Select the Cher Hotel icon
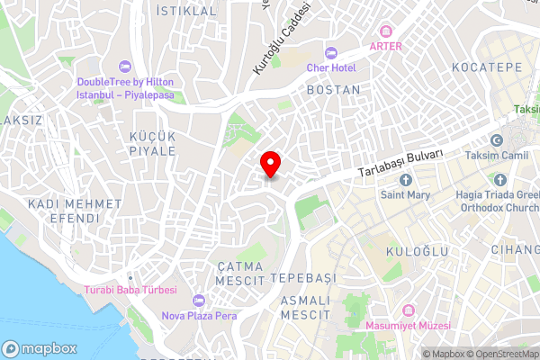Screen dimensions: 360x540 330,53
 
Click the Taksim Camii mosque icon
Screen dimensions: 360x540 496,140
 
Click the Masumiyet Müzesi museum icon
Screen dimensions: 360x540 407,310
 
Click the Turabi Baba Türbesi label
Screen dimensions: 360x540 130,290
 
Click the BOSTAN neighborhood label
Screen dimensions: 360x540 333,90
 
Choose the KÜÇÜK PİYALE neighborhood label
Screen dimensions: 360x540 153,142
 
